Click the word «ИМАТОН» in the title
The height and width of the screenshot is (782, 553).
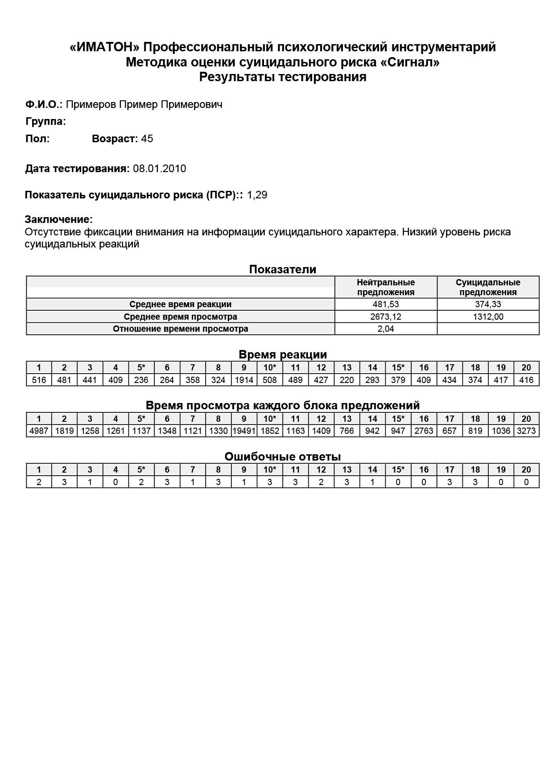pos(105,47)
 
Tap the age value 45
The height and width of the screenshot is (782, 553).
pos(147,139)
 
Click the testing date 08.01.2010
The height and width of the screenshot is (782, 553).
pos(160,169)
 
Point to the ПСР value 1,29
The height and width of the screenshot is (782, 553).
pos(257,195)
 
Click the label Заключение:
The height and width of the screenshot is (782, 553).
pos(59,219)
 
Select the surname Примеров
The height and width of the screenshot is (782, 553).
pos(91,104)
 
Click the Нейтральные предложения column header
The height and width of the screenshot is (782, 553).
pos(386,287)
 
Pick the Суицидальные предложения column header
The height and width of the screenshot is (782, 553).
pos(488,287)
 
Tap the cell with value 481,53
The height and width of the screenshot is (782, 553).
pos(386,305)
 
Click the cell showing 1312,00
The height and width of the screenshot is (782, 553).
pos(488,317)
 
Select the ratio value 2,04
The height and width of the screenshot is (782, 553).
pos(386,329)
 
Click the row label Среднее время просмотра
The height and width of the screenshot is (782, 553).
pos(180,317)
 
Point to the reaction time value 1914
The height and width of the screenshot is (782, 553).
pos(244,380)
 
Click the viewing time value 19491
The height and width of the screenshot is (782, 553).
pos(244,431)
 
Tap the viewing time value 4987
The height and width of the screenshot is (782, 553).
pos(39,431)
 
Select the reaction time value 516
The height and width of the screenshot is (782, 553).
pos(39,380)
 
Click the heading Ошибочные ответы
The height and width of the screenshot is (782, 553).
pos(283,457)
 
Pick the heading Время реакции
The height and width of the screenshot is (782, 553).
pos(283,354)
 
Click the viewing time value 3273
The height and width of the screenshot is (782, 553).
pos(526,431)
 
